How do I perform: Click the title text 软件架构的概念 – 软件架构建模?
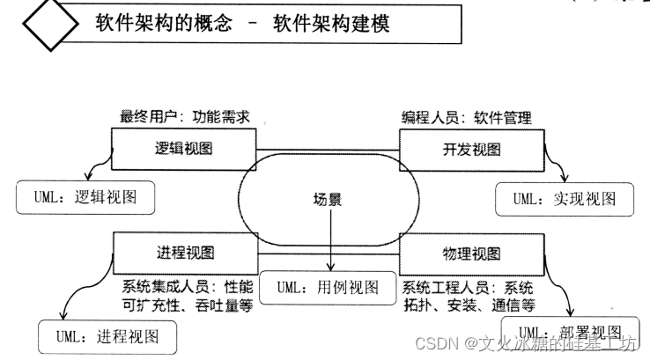click(x=242, y=24)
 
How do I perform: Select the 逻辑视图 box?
click(x=183, y=148)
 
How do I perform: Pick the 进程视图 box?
click(x=183, y=253)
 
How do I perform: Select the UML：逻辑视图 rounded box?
click(x=85, y=197)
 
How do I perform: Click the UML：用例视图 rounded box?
click(x=327, y=288)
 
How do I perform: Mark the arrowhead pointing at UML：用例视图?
click(x=329, y=270)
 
